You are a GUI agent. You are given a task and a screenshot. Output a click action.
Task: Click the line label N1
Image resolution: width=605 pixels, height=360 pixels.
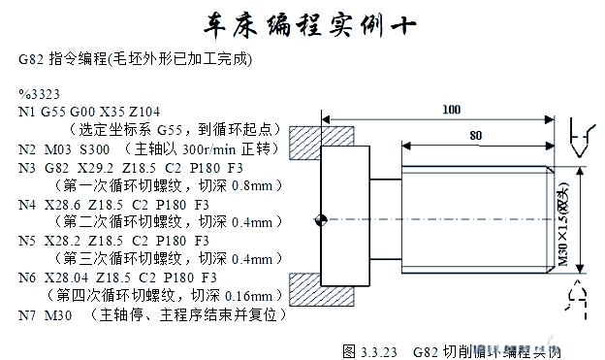point(26,112)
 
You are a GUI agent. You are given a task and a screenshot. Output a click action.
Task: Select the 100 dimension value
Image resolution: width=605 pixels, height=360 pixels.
point(451,110)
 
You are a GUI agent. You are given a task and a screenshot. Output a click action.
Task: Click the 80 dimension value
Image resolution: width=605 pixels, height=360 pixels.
point(475,135)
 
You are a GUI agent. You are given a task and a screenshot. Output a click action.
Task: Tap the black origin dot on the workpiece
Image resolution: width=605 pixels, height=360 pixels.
point(319,220)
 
